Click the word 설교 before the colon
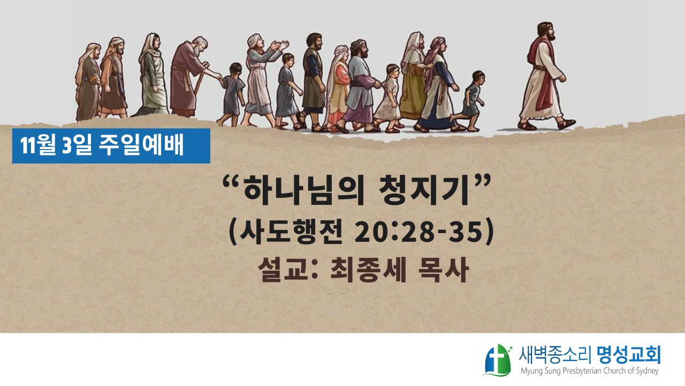point(283,270)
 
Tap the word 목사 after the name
point(444,270)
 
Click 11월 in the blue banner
point(39,145)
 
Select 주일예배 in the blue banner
point(141,145)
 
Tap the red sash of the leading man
point(543,75)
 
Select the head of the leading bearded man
point(545,32)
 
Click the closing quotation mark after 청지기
point(482,181)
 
